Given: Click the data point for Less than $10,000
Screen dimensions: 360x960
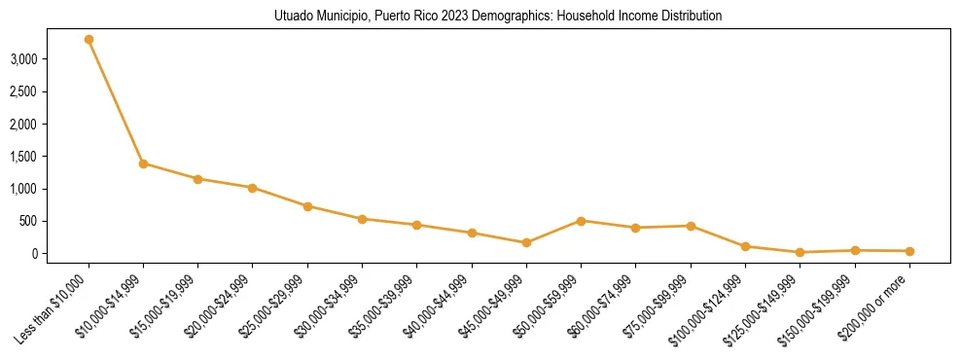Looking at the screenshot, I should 89,40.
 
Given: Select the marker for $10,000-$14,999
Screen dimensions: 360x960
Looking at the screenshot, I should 143,163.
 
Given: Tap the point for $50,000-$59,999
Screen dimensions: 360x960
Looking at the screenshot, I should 581,221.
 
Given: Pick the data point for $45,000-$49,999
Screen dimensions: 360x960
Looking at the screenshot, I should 526,242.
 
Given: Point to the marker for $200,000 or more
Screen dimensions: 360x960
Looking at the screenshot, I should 909,251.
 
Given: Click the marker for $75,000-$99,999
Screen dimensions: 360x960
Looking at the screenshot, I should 691,226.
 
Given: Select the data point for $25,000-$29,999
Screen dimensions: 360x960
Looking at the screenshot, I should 307,206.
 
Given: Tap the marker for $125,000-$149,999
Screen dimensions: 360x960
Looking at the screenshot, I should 800,252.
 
